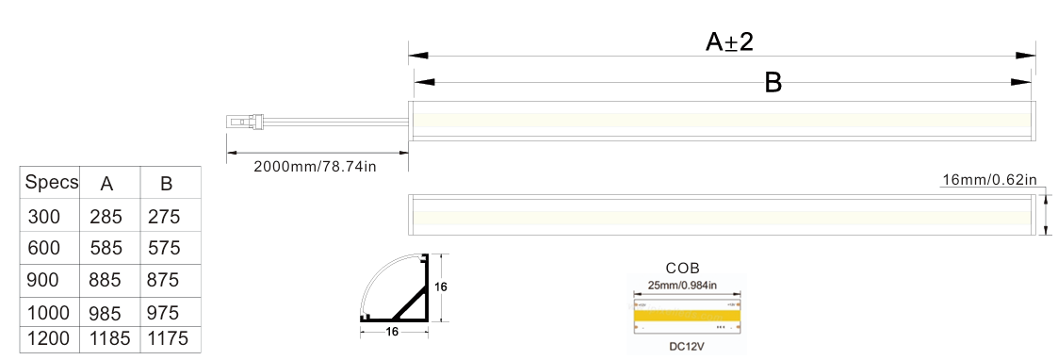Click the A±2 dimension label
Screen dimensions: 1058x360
point(728,41)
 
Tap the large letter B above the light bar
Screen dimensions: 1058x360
point(773,82)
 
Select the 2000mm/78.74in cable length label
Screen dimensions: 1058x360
point(315,166)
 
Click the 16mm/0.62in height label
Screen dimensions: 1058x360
point(989,180)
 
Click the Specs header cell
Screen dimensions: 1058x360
point(51,183)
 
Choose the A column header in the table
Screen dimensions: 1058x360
point(106,184)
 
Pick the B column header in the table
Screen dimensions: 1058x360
point(167,184)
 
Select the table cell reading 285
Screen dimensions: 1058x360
point(106,217)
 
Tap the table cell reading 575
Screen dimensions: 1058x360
point(164,248)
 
